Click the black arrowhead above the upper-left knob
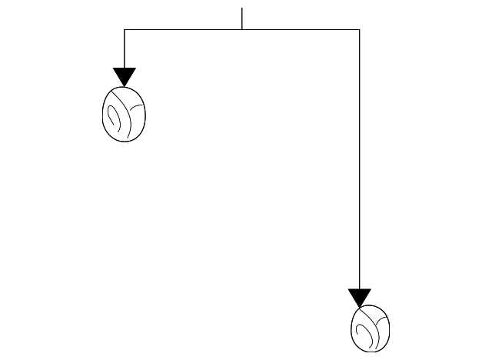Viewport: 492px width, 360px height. pyautogui.click(x=125, y=75)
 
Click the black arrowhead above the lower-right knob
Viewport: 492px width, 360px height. pyautogui.click(x=360, y=296)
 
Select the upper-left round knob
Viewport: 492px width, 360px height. pyautogui.click(x=125, y=114)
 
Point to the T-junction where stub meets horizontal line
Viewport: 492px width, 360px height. pyautogui.click(x=242, y=29)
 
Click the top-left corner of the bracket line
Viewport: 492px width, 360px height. pyautogui.click(x=125, y=29)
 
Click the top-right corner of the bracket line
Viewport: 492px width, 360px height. pyautogui.click(x=360, y=29)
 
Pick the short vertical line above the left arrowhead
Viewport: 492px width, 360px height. pyautogui.click(x=125, y=48)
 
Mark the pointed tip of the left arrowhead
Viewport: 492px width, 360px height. pyautogui.click(x=125, y=86)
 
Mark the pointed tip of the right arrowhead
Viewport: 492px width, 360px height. pyautogui.click(x=360, y=307)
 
